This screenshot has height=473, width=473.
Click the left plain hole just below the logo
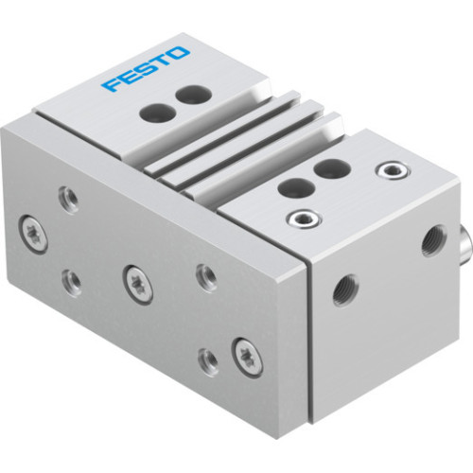(150, 111)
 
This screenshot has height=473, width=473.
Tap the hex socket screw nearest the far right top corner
(386, 170)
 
